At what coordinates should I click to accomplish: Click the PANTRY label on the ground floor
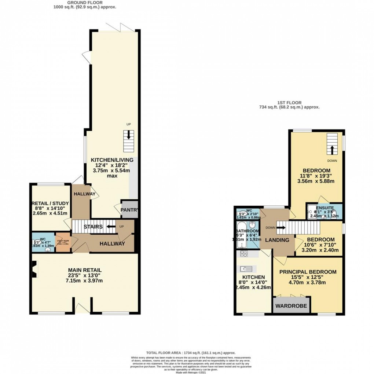click(x=129, y=210)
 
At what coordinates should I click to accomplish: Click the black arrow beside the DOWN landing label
click(x=281, y=227)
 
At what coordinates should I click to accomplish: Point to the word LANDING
click(x=277, y=240)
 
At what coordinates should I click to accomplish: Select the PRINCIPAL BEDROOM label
click(x=308, y=272)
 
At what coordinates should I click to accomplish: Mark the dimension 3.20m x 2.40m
click(x=319, y=251)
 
